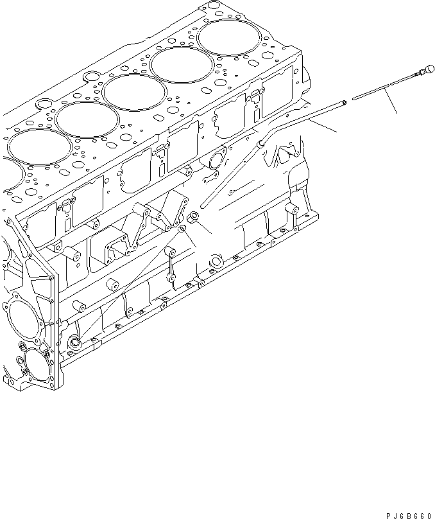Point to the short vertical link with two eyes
click(x=172, y=263)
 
